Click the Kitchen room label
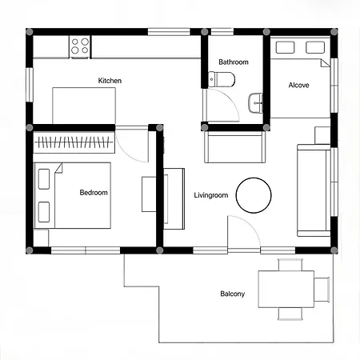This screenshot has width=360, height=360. [x=110, y=81]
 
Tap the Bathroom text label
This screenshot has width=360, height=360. [x=234, y=62]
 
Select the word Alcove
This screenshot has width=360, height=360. [x=298, y=85]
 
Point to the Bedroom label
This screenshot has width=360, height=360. [x=94, y=193]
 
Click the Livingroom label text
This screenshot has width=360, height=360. [x=211, y=195]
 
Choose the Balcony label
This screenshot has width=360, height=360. [x=232, y=294]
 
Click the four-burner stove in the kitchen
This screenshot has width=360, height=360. [x=80, y=46]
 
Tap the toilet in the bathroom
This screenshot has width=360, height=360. [x=222, y=79]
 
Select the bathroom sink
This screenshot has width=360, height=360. [x=255, y=102]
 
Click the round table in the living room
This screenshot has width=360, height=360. [x=254, y=195]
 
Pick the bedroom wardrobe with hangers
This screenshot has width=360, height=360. [x=74, y=142]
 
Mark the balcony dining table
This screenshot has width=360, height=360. [x=286, y=289]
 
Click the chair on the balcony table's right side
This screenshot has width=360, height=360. [x=322, y=290]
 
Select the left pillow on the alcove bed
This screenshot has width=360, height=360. [x=285, y=47]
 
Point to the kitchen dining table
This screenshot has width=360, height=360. [x=84, y=106]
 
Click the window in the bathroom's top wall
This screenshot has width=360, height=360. [x=222, y=32]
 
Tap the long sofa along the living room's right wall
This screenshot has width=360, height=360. [x=314, y=190]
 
